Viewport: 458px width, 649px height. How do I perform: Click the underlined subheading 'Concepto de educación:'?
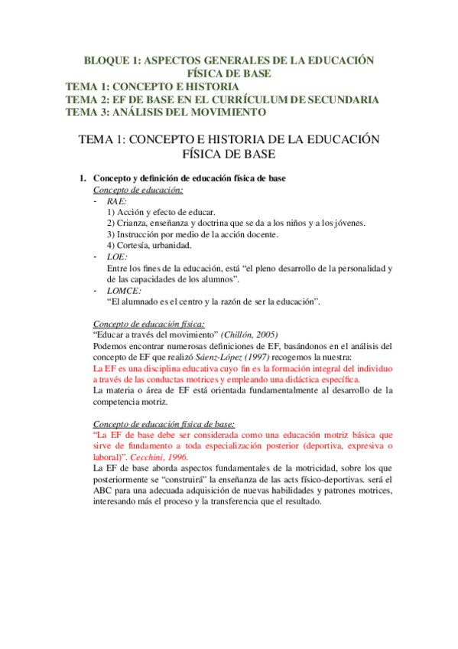coord(138,189)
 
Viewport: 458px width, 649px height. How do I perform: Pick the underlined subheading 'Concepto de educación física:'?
coord(149,324)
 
